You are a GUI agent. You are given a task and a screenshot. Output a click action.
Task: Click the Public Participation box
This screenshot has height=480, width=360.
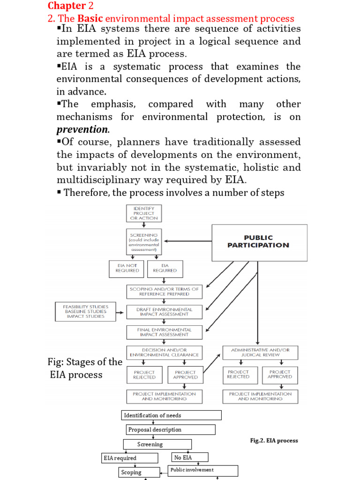pos(260,242)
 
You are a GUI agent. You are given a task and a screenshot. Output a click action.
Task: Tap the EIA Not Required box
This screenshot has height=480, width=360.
pos(128,269)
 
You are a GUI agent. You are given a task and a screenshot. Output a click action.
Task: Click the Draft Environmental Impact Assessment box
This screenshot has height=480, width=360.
pos(164,312)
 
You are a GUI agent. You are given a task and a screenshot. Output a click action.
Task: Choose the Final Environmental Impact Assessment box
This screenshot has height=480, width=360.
pos(164,332)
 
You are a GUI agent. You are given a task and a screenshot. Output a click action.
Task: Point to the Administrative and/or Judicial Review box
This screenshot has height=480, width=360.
pos(260,352)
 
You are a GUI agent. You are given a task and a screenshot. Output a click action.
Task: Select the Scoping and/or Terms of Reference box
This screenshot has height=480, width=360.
pos(164,291)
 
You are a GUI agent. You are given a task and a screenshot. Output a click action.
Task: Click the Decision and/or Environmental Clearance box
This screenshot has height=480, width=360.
pos(164,352)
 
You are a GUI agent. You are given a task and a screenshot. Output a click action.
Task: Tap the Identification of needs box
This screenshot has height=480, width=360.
pos(171,415)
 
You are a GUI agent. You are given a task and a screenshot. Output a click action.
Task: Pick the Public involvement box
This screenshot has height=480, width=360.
pos(203,470)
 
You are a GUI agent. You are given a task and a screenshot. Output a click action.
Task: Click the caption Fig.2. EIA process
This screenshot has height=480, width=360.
pos(274,441)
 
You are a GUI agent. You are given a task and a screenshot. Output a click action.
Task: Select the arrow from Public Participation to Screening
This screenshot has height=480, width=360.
pos(187,241)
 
